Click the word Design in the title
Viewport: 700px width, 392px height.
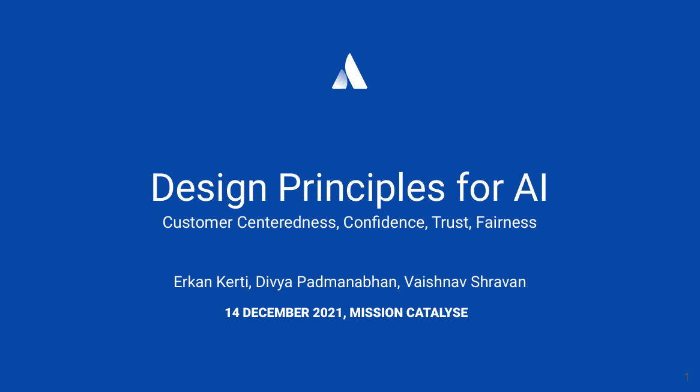point(209,188)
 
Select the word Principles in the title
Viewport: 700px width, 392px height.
point(361,188)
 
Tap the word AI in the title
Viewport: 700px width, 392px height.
point(530,188)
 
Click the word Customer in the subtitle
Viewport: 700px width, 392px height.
point(198,222)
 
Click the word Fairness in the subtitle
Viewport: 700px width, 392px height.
point(506,222)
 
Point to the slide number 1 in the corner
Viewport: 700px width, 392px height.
point(687,377)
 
